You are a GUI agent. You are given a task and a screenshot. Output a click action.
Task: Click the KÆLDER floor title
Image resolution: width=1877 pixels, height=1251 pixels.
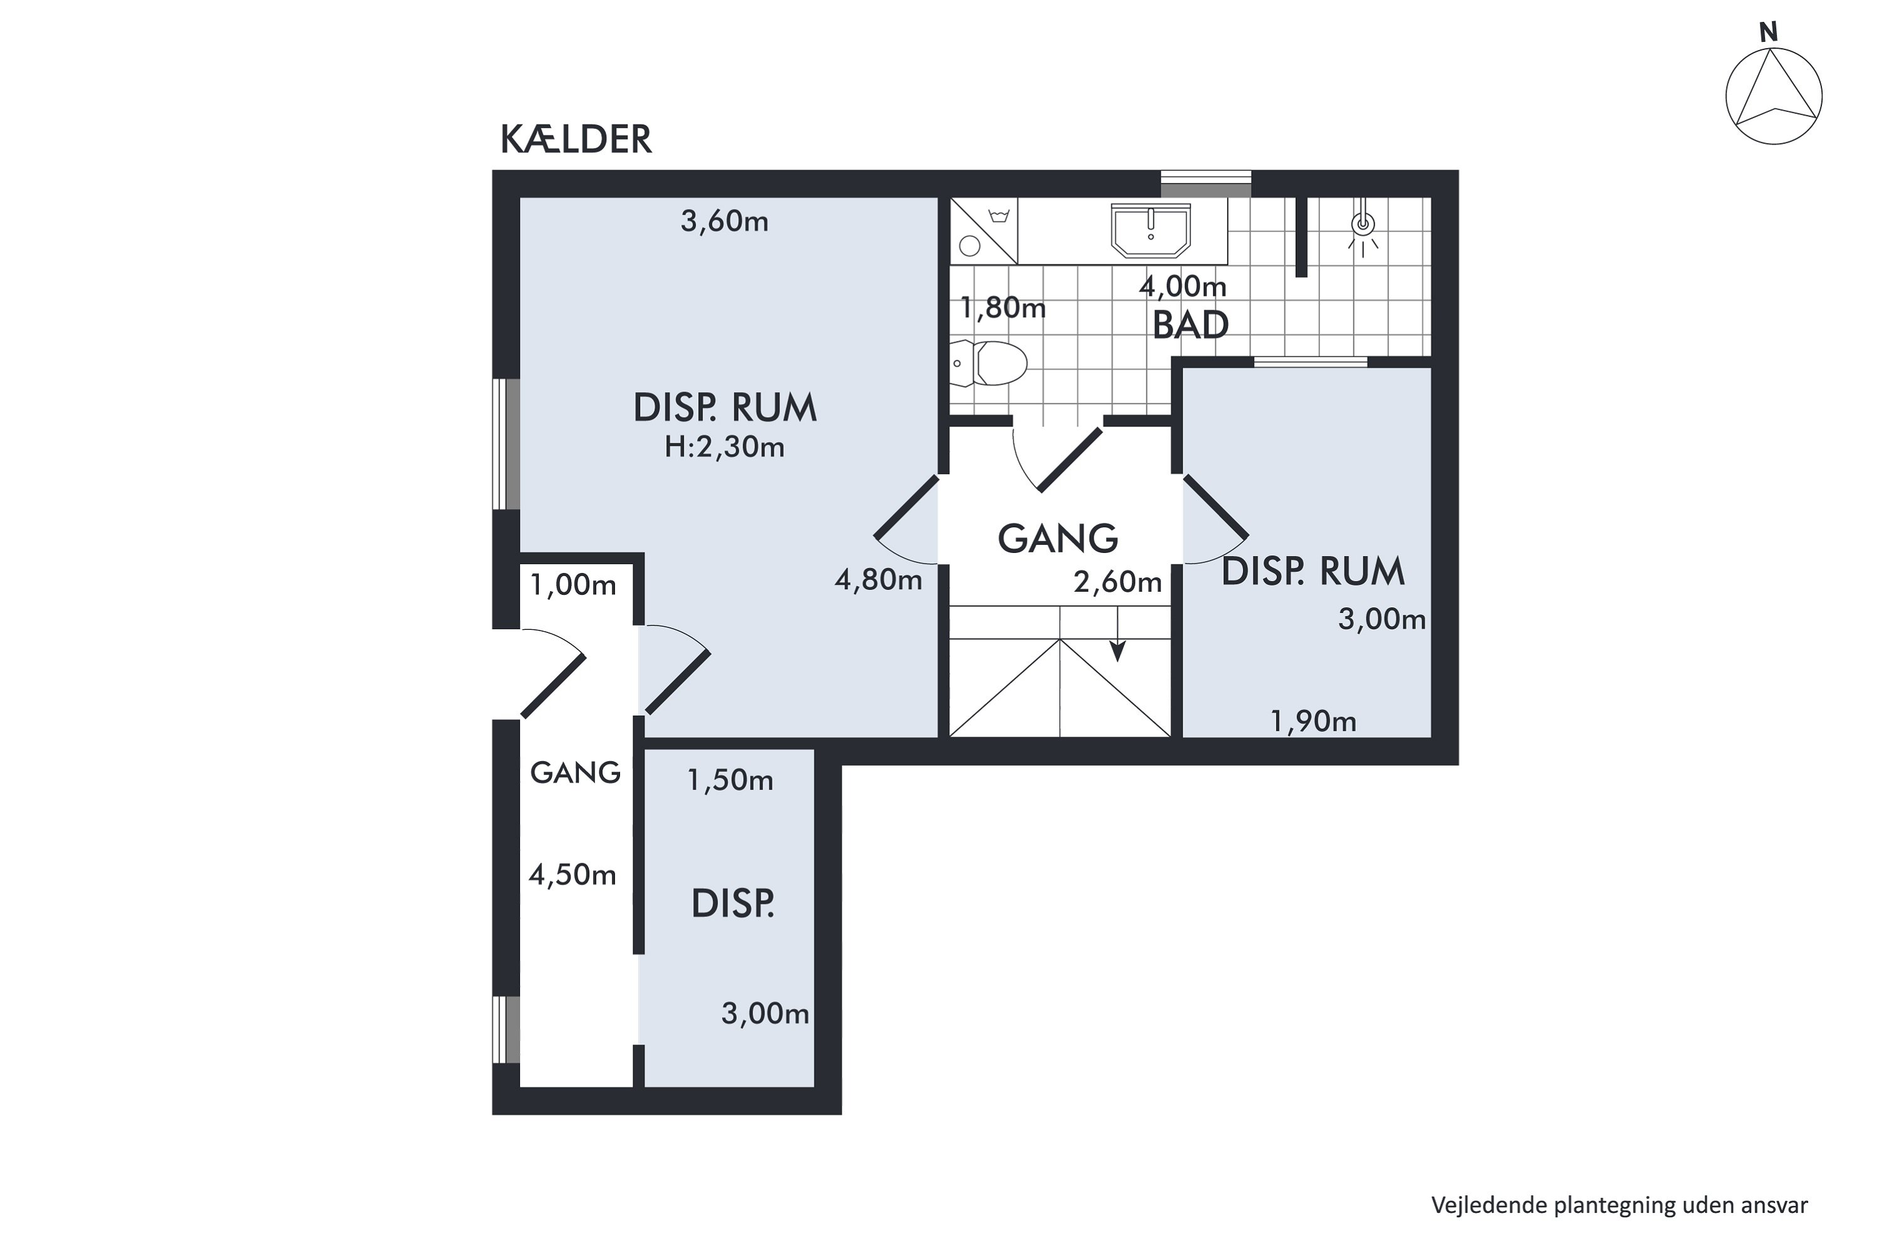coord(576,139)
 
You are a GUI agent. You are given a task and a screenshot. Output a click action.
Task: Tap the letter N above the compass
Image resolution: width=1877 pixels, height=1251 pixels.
coord(1769,33)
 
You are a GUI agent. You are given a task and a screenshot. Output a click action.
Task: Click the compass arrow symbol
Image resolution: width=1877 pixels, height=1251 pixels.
coord(1773,96)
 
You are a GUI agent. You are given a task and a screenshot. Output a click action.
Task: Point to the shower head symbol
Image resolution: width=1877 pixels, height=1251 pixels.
coord(1363,231)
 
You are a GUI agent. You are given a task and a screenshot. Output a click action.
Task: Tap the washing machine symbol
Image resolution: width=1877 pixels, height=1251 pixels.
coord(983,231)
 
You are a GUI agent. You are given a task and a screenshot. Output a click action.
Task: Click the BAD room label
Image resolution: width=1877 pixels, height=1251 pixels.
coord(1190,325)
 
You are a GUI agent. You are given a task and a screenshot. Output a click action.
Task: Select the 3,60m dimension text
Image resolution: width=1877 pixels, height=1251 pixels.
coord(724,221)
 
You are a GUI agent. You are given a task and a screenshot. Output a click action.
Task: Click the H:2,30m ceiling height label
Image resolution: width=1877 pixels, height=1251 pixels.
coord(725,448)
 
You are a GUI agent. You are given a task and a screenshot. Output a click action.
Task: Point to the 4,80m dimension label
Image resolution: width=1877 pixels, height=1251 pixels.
coord(878,580)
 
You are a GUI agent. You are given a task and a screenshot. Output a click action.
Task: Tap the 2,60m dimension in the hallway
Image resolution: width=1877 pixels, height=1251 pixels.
coord(1117,582)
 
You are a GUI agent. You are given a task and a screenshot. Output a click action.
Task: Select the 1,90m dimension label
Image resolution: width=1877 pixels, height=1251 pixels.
coord(1313,721)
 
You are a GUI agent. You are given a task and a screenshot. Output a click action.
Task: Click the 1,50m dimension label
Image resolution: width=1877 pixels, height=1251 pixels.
coord(730,780)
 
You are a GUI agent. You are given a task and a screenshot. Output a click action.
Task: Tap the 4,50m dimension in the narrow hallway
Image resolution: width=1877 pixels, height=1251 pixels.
coord(572,875)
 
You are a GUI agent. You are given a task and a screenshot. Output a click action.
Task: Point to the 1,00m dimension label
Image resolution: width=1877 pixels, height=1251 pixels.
coord(573,585)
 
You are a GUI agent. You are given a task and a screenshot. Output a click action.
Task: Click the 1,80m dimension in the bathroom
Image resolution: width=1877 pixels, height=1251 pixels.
coord(1002,307)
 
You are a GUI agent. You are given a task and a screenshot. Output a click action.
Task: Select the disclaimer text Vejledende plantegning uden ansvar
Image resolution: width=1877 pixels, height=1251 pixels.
coord(1619,1204)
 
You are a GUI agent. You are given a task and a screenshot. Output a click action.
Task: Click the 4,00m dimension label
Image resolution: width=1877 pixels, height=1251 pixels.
coord(1183,286)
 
